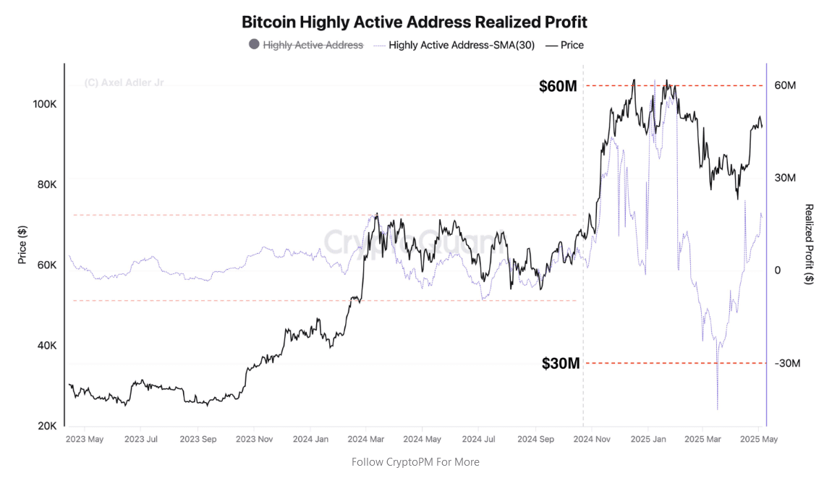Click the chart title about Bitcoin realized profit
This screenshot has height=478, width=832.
click(415, 22)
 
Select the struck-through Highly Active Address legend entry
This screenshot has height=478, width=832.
click(313, 45)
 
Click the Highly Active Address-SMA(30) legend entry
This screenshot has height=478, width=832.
click(462, 45)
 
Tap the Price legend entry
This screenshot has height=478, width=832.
click(572, 45)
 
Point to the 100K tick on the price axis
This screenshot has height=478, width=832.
click(45, 104)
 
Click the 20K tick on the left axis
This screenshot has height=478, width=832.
click(47, 426)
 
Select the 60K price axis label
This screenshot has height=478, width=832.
click(47, 265)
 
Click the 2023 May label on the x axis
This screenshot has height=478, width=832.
click(85, 439)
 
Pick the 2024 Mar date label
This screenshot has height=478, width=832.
click(365, 439)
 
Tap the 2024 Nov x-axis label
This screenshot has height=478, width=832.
click(591, 439)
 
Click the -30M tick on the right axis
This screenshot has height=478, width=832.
click(786, 363)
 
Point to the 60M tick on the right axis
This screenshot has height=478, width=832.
click(785, 85)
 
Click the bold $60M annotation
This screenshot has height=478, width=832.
click(558, 87)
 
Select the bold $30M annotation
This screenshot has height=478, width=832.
click(561, 364)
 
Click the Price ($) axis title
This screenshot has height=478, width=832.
click(23, 244)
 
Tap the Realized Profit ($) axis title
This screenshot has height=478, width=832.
click(809, 244)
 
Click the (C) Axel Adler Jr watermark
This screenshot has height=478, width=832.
click(124, 83)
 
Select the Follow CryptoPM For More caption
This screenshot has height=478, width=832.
click(415, 461)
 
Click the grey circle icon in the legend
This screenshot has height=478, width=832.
click(254, 44)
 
